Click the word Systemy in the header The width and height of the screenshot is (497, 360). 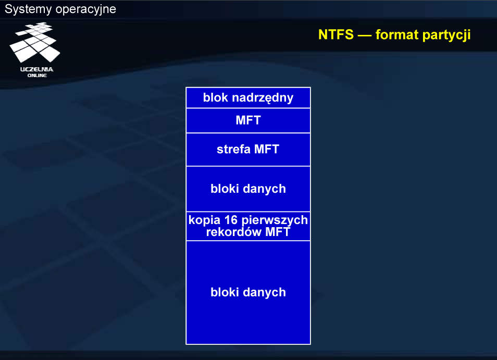(28, 9)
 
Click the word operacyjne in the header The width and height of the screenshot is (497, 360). (85, 10)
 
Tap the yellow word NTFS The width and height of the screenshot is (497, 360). (336, 34)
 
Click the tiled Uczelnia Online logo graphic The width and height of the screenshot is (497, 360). (35, 42)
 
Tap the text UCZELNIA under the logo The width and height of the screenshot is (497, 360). (37, 69)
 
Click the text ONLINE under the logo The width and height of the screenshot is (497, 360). (37, 76)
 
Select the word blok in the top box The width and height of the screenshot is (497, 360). (216, 97)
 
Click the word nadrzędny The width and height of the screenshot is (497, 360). (263, 98)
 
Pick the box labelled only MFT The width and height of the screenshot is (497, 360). (248, 120)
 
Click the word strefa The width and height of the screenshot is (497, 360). (233, 149)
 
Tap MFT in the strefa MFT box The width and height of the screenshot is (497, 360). (267, 149)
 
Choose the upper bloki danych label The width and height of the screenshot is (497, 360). (248, 189)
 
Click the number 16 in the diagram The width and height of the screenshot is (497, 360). (231, 220)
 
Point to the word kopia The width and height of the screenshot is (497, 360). (204, 220)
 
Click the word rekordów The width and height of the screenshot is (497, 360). (234, 232)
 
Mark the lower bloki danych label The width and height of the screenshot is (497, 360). (248, 292)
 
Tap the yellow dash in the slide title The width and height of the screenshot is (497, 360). (365, 35)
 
